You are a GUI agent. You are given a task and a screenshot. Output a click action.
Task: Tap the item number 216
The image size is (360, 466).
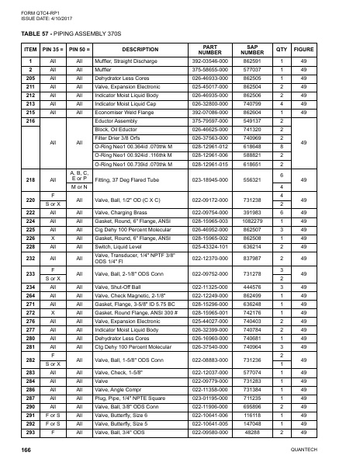click(30, 120)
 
